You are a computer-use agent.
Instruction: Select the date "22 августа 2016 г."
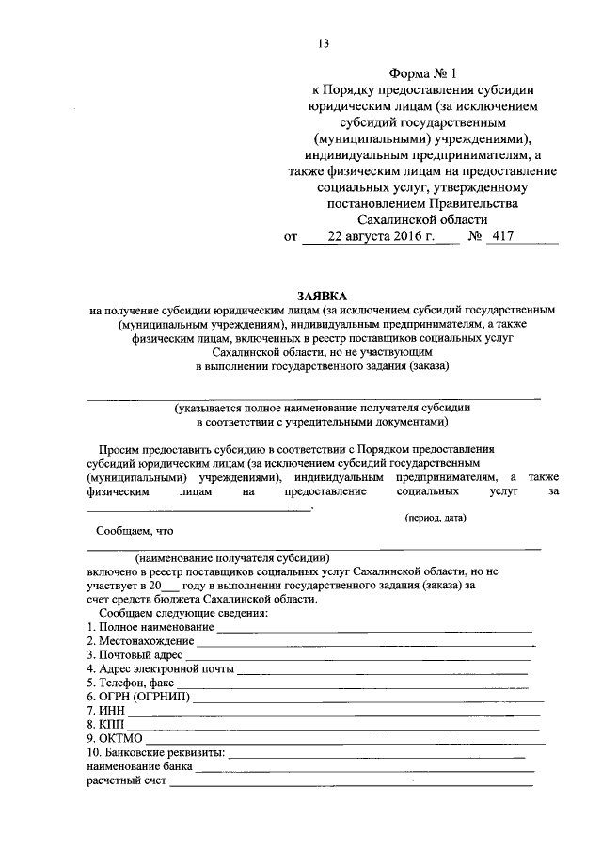point(381,237)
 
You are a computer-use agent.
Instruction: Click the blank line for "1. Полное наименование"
point(373,628)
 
